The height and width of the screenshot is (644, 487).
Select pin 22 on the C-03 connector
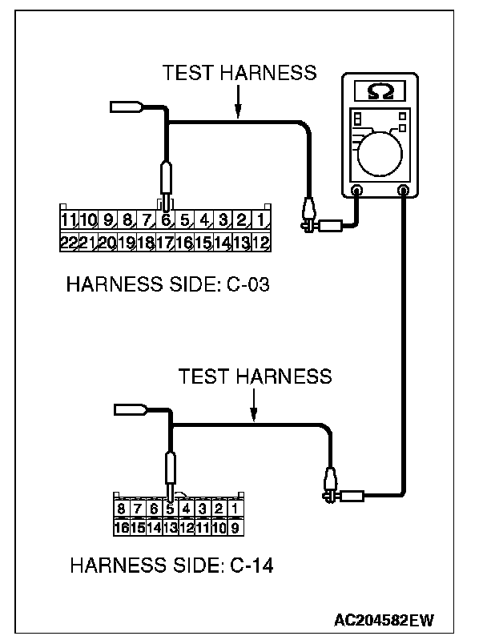(x=68, y=242)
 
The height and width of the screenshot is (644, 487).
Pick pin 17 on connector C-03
(x=166, y=242)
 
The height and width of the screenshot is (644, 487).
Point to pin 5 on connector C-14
(x=171, y=509)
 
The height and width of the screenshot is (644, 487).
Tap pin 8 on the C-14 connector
(x=120, y=509)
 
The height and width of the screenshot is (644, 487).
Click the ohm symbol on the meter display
(x=375, y=91)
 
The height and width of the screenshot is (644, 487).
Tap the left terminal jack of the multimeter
(x=357, y=191)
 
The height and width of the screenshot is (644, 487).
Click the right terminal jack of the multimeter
(x=403, y=191)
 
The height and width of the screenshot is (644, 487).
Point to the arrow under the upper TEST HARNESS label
(x=238, y=100)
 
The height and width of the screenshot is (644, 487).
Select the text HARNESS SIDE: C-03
(x=167, y=284)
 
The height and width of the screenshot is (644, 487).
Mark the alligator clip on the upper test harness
(x=308, y=216)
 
